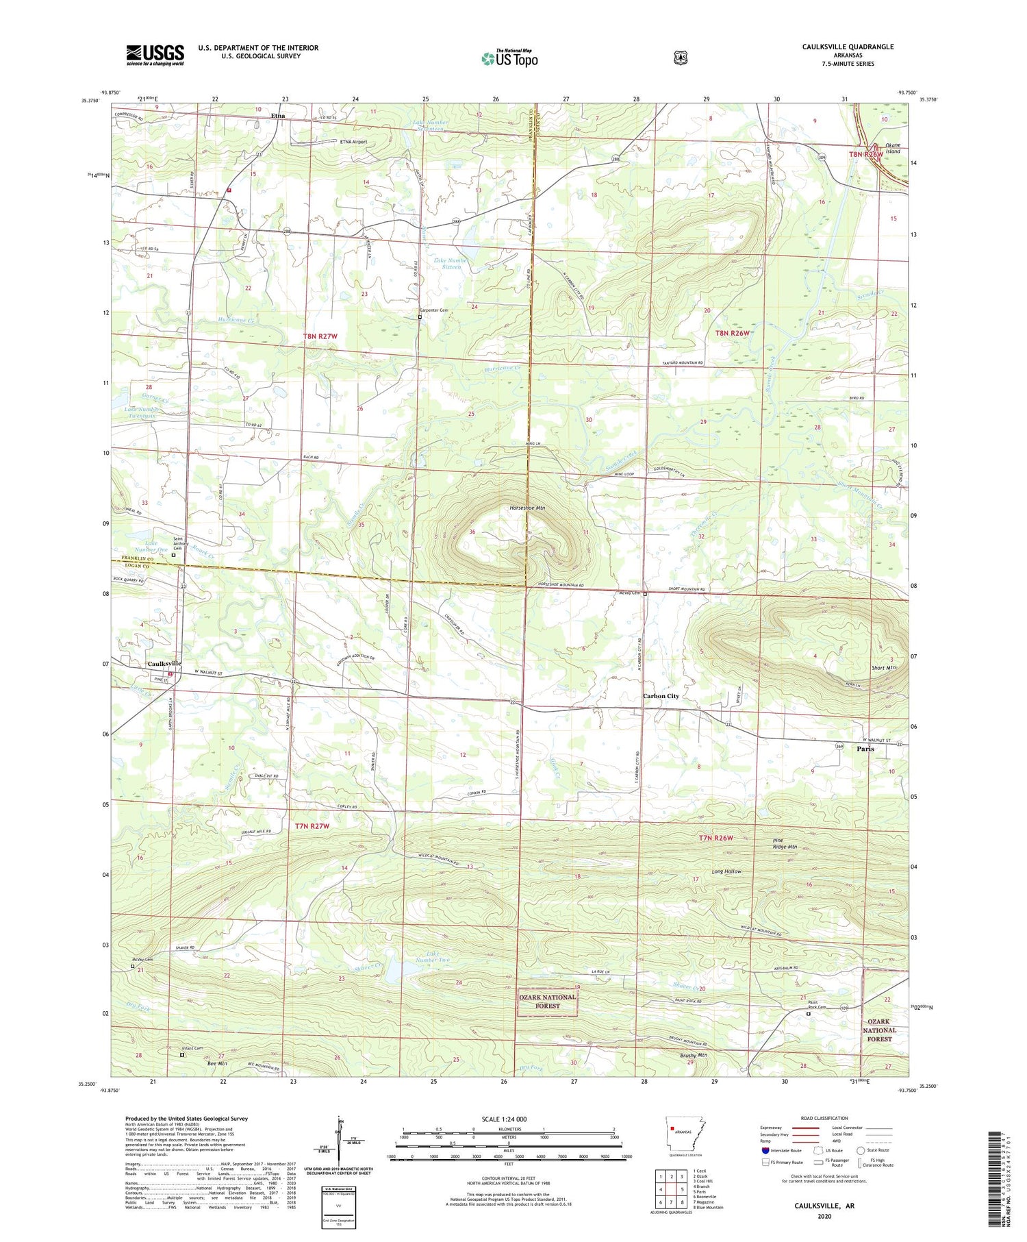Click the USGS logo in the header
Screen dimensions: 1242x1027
155,55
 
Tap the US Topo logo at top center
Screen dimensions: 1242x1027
509,58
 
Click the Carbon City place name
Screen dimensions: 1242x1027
660,696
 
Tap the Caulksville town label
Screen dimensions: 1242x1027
164,663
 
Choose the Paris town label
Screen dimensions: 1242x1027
865,749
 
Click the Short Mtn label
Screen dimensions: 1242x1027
883,667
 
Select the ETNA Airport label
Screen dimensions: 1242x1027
353,142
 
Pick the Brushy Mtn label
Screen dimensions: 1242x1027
693,1055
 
